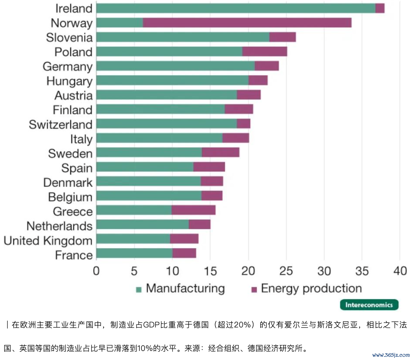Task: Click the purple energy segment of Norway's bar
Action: (x=247, y=23)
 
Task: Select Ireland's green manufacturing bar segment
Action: (x=236, y=8)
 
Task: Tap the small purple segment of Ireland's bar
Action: (x=380, y=8)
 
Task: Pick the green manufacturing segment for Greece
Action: (x=134, y=210)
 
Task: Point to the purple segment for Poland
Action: (x=265, y=52)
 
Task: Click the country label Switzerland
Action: (x=61, y=125)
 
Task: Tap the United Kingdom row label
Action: (x=48, y=241)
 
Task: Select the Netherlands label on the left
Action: (x=59, y=226)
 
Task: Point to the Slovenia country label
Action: (x=69, y=37)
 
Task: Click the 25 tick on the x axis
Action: (x=286, y=271)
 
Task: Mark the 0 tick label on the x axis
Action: (x=96, y=271)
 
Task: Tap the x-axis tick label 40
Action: (x=400, y=271)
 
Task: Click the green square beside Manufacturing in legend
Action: (x=139, y=290)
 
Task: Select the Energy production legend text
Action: (x=311, y=288)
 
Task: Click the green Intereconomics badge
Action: (x=369, y=305)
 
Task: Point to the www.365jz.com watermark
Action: (x=391, y=355)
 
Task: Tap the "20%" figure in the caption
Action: (x=242, y=325)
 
